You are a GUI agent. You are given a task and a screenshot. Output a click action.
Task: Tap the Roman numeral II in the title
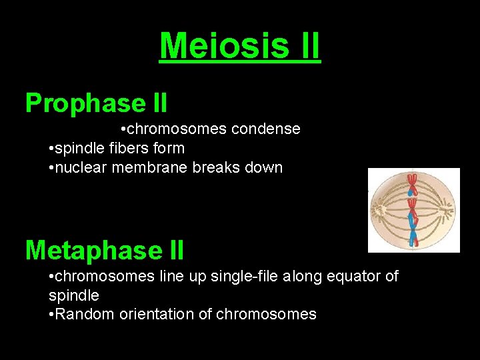click(305, 46)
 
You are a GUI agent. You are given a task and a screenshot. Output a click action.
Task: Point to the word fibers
click(126, 148)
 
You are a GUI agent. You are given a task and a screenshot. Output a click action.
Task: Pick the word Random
click(81, 314)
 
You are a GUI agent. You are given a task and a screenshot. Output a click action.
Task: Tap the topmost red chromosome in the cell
click(412, 181)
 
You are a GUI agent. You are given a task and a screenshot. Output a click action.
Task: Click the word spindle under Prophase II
click(77, 148)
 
